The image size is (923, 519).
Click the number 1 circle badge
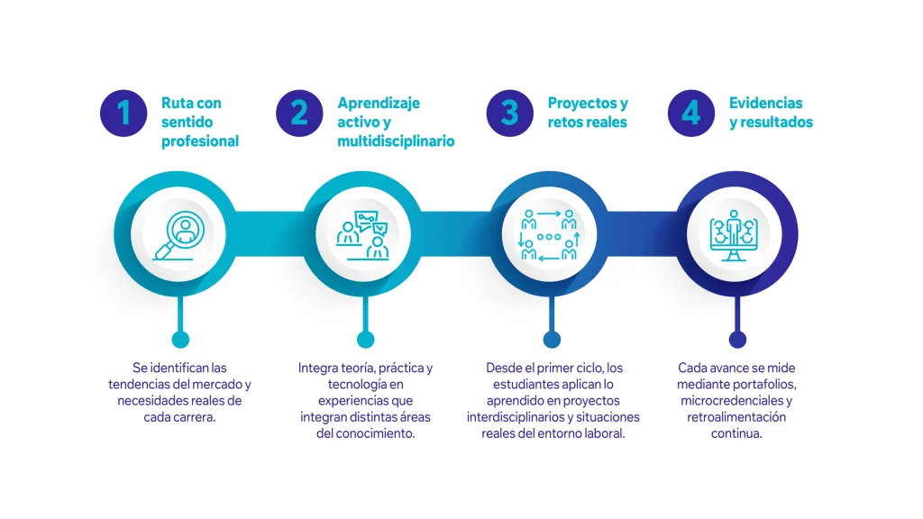tap(123, 113)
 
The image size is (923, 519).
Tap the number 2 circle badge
tap(299, 113)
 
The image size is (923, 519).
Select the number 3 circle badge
tap(509, 113)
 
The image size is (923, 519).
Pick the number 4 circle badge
tap(690, 113)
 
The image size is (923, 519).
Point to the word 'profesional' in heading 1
tap(200, 141)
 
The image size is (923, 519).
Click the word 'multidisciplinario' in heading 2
tap(396, 141)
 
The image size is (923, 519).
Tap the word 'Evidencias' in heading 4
tap(765, 103)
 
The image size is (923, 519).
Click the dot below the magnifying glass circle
tap(180, 339)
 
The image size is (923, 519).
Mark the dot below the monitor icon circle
tap(737, 339)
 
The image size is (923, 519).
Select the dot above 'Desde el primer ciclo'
tap(551, 339)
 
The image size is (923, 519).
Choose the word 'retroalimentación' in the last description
tap(736, 417)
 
